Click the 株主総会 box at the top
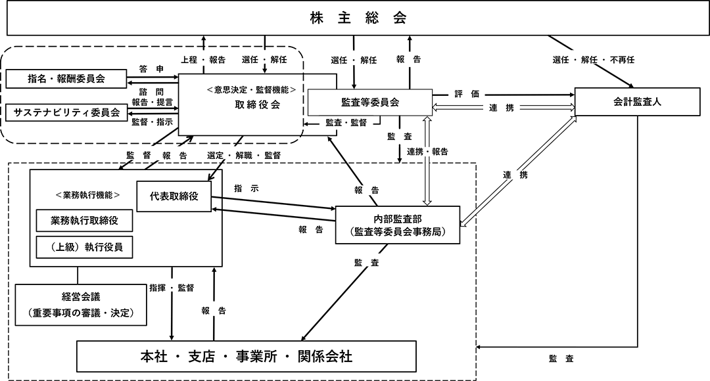(358, 18)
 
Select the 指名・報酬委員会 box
(66, 79)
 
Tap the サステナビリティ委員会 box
(66, 112)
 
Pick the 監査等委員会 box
(370, 102)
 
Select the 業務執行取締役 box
(83, 220)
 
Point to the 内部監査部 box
(397, 225)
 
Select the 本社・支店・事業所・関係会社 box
(247, 357)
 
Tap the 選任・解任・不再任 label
(594, 60)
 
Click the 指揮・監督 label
(172, 287)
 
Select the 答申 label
(147, 68)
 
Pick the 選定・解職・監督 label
(244, 155)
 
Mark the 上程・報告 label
(203, 59)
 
